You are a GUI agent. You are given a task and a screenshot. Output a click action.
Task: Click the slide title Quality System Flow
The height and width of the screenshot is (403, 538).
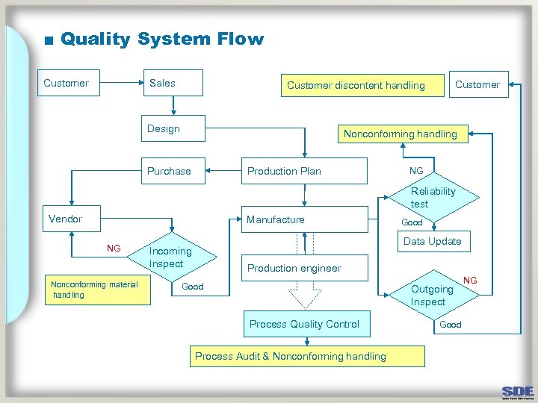161,39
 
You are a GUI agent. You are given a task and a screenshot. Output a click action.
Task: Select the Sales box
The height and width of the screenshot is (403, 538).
173,84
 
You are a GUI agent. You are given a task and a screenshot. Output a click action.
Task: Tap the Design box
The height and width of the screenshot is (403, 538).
174,128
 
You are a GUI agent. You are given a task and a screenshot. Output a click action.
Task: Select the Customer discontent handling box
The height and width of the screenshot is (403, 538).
356,86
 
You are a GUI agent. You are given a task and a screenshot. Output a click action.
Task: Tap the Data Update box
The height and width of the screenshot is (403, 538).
432,241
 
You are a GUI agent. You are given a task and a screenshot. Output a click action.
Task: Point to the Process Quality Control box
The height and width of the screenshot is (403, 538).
304,324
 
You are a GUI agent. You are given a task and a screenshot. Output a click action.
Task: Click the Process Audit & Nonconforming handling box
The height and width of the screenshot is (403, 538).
306,356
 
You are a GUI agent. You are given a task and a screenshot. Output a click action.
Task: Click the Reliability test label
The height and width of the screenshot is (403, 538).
432,198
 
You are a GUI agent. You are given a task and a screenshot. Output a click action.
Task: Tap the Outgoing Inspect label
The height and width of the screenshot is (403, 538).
431,296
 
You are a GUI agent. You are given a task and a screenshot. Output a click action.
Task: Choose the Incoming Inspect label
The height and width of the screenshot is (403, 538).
170,257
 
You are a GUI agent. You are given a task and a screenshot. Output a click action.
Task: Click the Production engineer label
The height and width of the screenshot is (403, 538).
294,268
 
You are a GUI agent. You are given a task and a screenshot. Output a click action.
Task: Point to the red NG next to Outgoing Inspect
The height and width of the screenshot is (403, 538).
470,281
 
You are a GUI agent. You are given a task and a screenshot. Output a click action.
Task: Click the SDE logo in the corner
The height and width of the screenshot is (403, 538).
518,391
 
